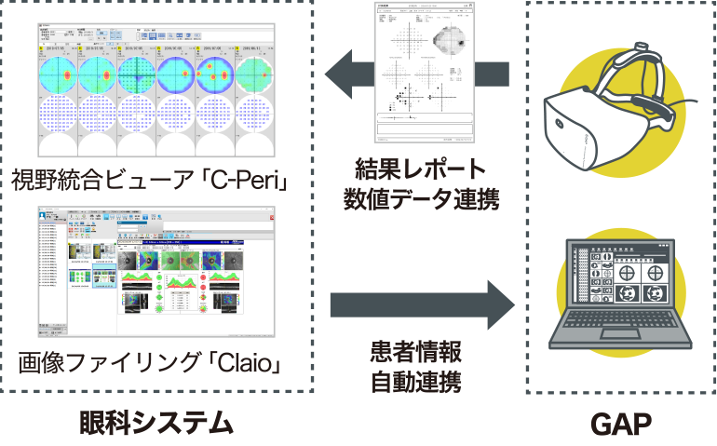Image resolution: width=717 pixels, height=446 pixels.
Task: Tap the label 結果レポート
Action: click(x=421, y=169)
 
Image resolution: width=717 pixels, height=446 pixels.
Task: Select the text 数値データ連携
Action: click(x=421, y=198)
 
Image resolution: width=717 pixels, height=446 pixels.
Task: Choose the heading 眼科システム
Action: click(x=156, y=424)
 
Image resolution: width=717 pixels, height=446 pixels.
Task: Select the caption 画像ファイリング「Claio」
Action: click(x=150, y=361)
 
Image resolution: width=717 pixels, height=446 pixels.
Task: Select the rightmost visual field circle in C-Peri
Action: click(x=255, y=74)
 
